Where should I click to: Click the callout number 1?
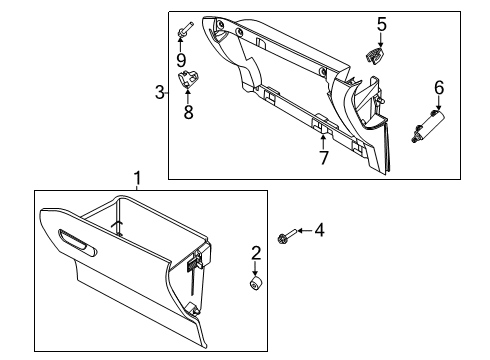[138, 178]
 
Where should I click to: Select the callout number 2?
[255, 253]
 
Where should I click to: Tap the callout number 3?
[160, 93]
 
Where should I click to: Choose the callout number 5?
[381, 24]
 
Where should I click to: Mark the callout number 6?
[438, 89]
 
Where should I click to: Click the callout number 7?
[323, 158]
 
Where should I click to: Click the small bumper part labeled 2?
[255, 287]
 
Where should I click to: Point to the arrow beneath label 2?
[255, 270]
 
